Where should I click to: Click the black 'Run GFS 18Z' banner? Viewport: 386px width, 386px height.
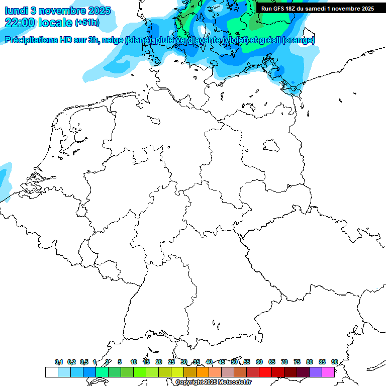pyautogui.click(x=317, y=9)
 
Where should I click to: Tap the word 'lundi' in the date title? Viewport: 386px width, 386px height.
pyautogui.click(x=15, y=10)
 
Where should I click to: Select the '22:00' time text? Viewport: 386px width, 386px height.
pyautogui.click(x=21, y=23)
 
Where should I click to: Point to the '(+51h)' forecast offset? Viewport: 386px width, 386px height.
pyautogui.click(x=87, y=23)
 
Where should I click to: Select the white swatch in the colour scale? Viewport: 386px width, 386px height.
pyautogui.click(x=51, y=372)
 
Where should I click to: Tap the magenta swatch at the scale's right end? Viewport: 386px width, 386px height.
pyautogui.click(x=328, y=372)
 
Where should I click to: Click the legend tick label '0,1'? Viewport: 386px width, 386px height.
pyautogui.click(x=59, y=362)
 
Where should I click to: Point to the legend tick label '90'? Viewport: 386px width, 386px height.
pyautogui.click(x=334, y=362)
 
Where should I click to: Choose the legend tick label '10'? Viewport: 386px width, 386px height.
pyautogui.click(x=133, y=362)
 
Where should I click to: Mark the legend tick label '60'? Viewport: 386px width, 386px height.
pyautogui.click(x=259, y=362)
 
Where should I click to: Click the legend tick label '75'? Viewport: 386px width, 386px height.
pyautogui.click(x=297, y=362)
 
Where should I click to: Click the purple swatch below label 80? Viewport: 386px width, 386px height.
pyautogui.click(x=316, y=372)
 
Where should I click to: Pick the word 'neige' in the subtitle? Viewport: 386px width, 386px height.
pyautogui.click(x=114, y=40)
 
